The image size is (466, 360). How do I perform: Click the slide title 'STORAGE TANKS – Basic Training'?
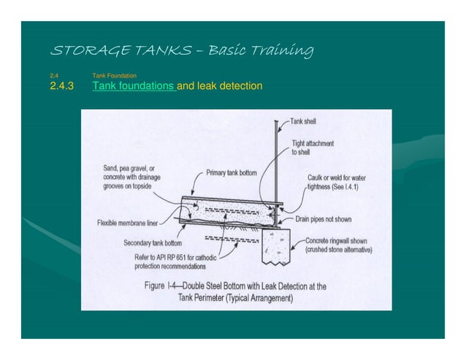click(x=181, y=51)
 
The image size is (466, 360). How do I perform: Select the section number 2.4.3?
click(x=62, y=87)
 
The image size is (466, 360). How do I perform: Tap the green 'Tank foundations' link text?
click(x=134, y=87)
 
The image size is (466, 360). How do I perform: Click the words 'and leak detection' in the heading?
click(x=219, y=87)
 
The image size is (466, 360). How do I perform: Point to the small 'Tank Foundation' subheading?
click(x=114, y=75)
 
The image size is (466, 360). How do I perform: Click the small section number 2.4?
click(x=53, y=75)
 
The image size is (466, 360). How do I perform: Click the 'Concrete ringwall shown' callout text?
click(x=337, y=245)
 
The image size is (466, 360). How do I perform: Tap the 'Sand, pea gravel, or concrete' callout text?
click(x=130, y=177)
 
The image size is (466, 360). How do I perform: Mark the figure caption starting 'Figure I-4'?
click(x=235, y=291)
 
